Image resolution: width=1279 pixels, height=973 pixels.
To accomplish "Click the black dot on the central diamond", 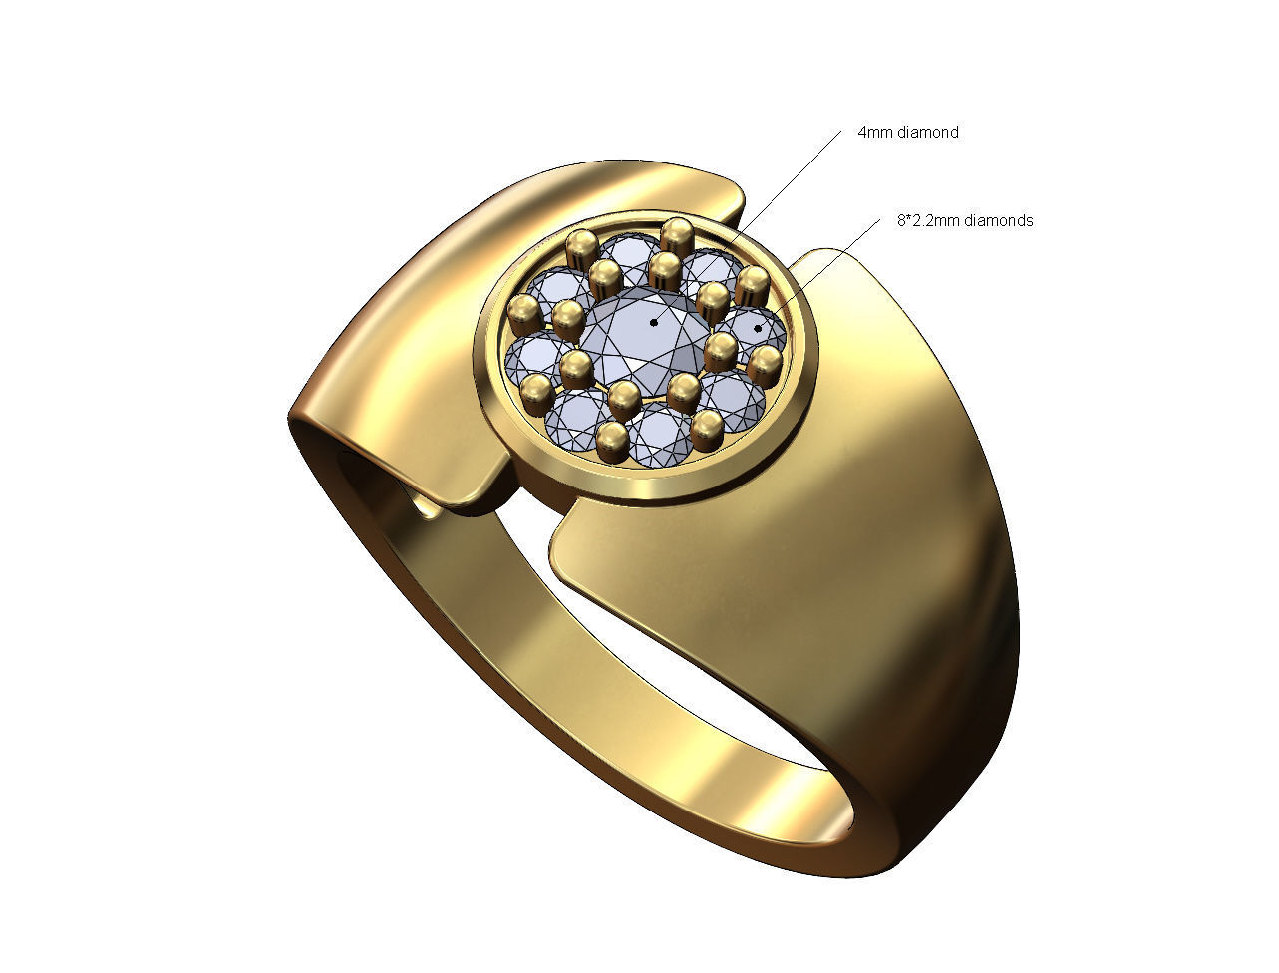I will [654, 322].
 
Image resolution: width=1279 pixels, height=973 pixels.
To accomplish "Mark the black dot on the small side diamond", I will [758, 326].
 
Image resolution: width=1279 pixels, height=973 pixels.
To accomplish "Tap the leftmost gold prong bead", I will [523, 315].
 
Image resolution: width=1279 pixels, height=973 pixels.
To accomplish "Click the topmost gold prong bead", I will [678, 235].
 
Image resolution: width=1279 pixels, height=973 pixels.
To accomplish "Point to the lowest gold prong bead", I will [612, 440].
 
